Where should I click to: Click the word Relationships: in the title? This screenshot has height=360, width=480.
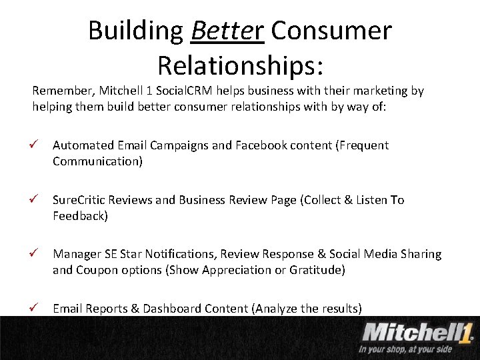[240, 65]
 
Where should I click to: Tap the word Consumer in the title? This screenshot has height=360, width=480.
[331, 31]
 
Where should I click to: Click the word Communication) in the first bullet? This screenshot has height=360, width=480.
[97, 161]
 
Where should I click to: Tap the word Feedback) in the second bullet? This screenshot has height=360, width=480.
[80, 216]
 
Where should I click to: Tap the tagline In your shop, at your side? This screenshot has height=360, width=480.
[405, 349]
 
